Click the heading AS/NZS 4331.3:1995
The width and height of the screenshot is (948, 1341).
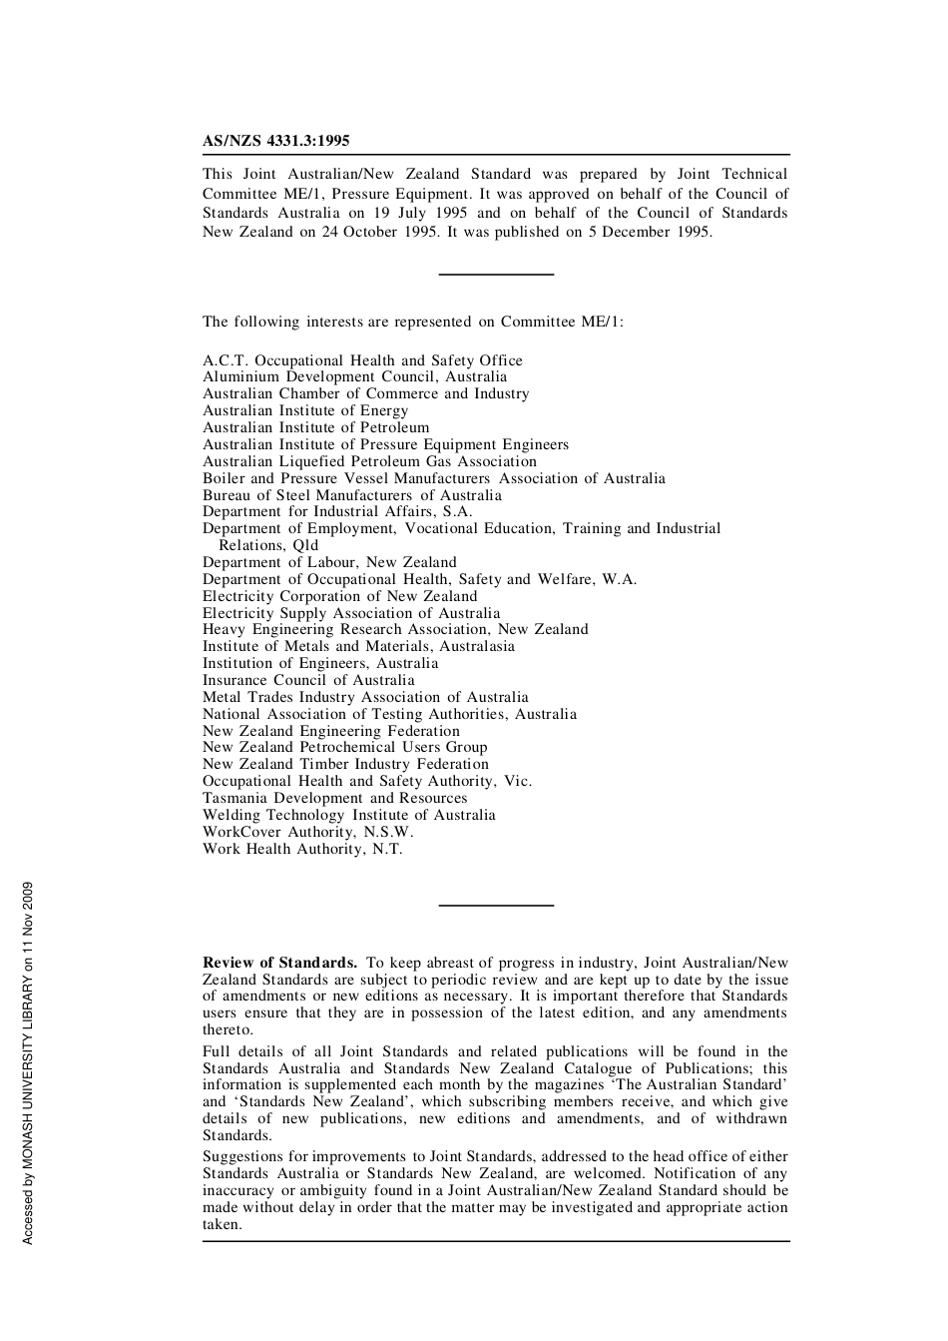275,141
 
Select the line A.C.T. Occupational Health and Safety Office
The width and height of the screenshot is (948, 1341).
362,360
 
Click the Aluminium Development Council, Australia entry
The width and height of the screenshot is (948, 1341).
354,377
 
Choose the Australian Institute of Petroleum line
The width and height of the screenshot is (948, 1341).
315,427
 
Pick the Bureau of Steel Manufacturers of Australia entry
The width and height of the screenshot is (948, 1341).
351,495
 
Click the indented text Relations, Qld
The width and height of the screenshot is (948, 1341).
268,545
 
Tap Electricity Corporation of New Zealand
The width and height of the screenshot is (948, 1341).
339,596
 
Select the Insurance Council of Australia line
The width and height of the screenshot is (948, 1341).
308,681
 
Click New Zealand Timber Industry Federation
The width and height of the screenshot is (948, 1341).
345,765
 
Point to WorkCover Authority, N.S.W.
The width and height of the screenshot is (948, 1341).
307,832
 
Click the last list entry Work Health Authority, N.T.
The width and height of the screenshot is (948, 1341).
302,849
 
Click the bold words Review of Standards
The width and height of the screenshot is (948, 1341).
279,963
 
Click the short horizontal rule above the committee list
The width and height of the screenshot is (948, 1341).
496,274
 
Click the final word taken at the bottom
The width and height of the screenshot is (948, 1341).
222,1224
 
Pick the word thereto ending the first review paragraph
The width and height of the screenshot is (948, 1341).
228,1029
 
